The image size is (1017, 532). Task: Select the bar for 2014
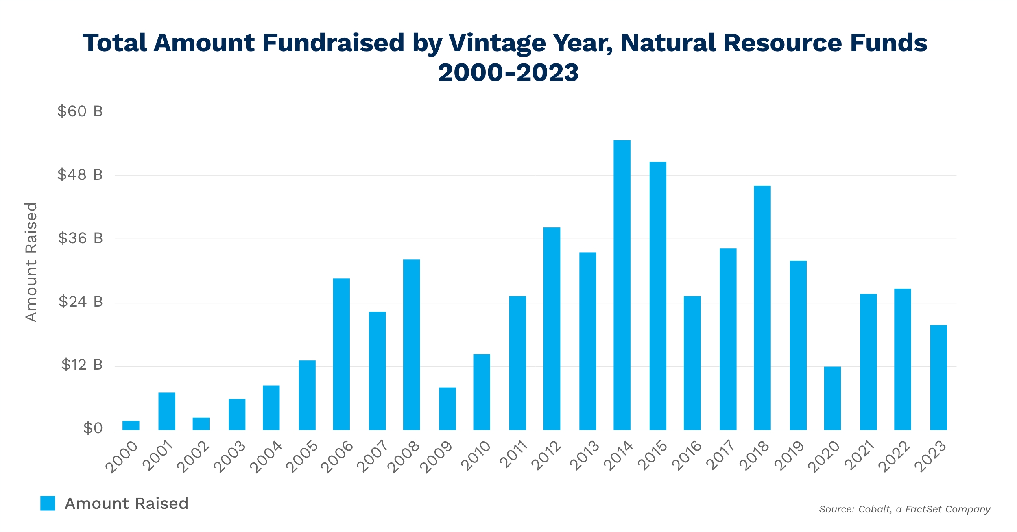pos(622,285)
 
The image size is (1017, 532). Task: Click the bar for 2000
pos(131,425)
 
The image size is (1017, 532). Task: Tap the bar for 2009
pos(447,408)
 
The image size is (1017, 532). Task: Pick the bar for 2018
pos(762,308)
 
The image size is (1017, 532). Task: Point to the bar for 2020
pos(832,398)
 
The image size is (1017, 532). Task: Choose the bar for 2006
pos(341,354)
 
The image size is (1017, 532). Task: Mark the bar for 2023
pos(938,377)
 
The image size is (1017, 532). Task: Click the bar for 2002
pos(201,423)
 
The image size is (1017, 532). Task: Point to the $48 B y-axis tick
pos(80,175)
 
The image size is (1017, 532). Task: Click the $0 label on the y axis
pos(93,428)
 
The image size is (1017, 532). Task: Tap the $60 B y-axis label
pos(80,111)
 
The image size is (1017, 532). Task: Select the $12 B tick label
pos(82,365)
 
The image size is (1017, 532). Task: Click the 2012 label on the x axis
pos(547,456)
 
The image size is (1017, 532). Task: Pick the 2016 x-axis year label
pos(687,456)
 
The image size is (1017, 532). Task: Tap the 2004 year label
pos(266,457)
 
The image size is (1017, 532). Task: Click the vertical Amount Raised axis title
pos(31,262)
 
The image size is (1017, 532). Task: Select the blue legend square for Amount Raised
pos(48,503)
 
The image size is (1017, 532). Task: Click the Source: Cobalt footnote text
pos(904,509)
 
